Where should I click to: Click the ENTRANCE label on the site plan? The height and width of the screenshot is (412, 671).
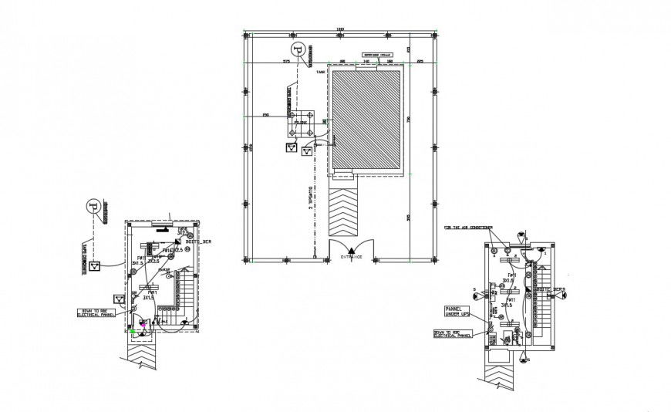click(x=352, y=256)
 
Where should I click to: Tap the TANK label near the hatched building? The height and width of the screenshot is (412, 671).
click(x=320, y=72)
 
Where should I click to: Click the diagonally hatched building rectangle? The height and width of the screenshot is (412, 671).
click(x=367, y=118)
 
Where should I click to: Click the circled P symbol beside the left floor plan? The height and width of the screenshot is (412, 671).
click(x=93, y=206)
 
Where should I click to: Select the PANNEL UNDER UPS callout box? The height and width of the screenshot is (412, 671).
click(x=457, y=312)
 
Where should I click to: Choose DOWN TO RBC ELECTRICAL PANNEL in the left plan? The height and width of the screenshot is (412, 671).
click(x=96, y=312)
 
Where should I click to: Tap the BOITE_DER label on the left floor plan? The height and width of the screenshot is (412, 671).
click(x=196, y=241)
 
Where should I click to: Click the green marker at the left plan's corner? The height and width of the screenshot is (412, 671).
click(x=133, y=330)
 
